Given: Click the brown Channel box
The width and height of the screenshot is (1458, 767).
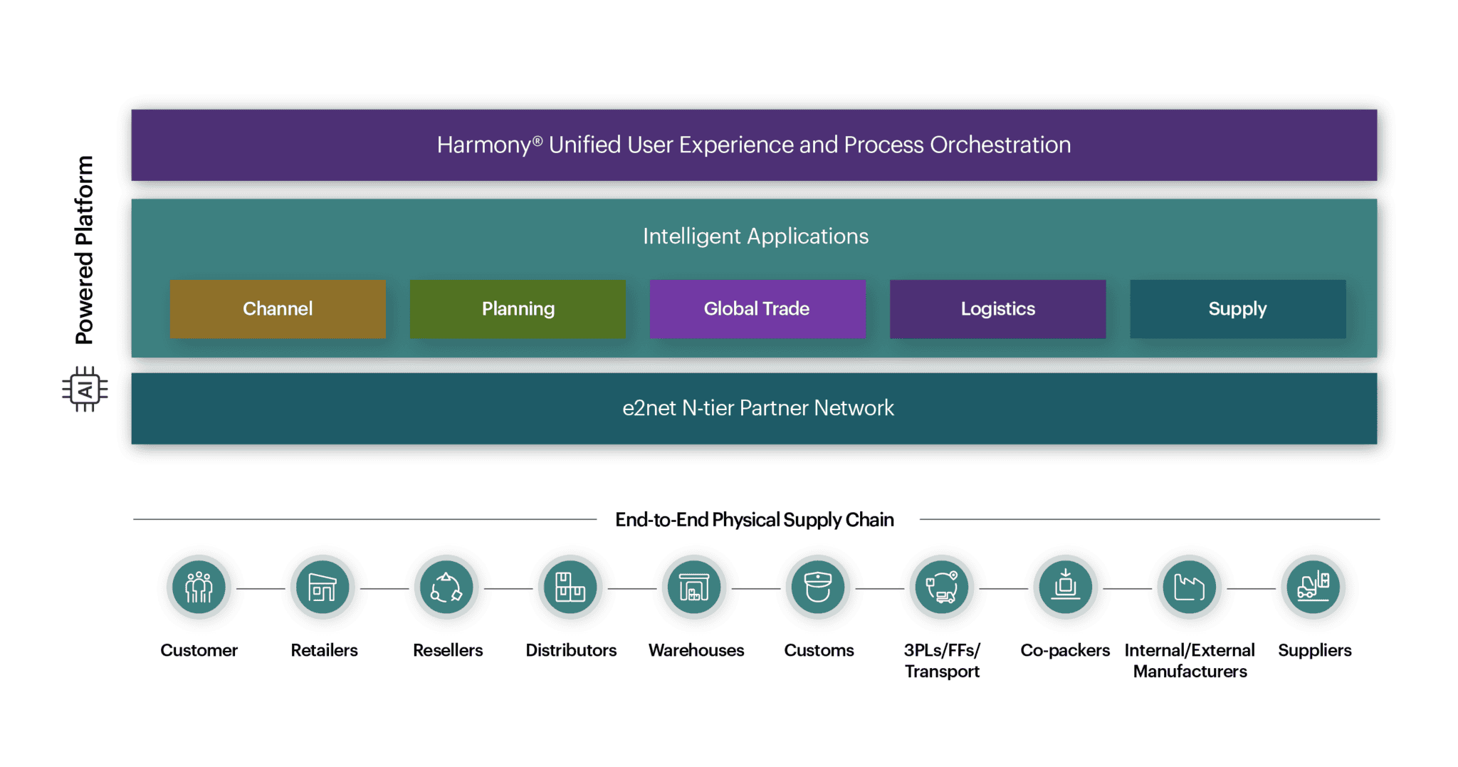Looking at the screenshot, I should pyautogui.click(x=278, y=308).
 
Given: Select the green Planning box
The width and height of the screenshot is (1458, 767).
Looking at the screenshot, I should pyautogui.click(x=518, y=308).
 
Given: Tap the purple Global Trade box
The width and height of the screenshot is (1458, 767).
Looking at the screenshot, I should pyautogui.click(x=757, y=308).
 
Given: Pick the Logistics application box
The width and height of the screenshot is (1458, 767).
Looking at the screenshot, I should pyautogui.click(x=997, y=308).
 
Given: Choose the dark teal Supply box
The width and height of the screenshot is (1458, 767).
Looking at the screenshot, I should pyautogui.click(x=1237, y=308).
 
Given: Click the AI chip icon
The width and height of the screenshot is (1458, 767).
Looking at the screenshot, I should pyautogui.click(x=85, y=389).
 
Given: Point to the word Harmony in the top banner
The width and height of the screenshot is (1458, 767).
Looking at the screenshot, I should pyautogui.click(x=484, y=145).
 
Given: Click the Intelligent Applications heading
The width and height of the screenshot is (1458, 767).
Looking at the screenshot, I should pyautogui.click(x=755, y=236).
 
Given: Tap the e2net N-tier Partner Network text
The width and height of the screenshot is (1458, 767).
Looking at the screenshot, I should pyautogui.click(x=757, y=407).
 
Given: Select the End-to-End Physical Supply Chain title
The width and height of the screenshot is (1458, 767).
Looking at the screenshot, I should pyautogui.click(x=754, y=519).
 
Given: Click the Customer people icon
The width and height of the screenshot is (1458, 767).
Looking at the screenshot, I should pyautogui.click(x=199, y=588).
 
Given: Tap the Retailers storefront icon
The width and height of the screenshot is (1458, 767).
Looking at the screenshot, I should pyautogui.click(x=322, y=588).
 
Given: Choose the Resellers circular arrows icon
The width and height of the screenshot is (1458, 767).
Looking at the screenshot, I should pyautogui.click(x=446, y=588).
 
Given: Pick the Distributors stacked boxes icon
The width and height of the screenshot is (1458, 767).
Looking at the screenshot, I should pyautogui.click(x=570, y=588).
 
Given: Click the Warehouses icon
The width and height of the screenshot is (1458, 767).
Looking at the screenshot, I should pyautogui.click(x=694, y=588).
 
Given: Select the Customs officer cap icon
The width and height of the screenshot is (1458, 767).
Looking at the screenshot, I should pyautogui.click(x=818, y=588).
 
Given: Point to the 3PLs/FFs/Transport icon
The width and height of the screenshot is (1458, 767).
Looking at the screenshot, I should pyautogui.click(x=942, y=588).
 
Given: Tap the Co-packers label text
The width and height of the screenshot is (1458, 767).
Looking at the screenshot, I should pyautogui.click(x=1064, y=650).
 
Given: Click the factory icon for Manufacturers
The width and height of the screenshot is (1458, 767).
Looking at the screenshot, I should pyautogui.click(x=1189, y=588).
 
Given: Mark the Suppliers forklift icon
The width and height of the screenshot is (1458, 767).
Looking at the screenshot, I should pyautogui.click(x=1313, y=588).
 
